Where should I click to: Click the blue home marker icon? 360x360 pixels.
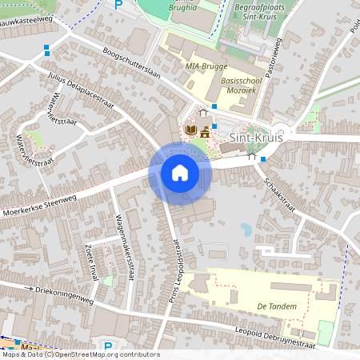click(x=180, y=173)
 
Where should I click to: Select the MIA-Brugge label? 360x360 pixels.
click(x=206, y=66)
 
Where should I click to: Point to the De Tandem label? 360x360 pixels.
click(x=278, y=306)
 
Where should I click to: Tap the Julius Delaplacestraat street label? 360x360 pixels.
click(x=79, y=90)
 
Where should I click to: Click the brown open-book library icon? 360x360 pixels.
click(x=190, y=130)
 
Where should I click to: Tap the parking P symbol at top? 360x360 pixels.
click(x=118, y=4)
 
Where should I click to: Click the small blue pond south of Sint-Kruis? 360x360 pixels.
click(x=246, y=230)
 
